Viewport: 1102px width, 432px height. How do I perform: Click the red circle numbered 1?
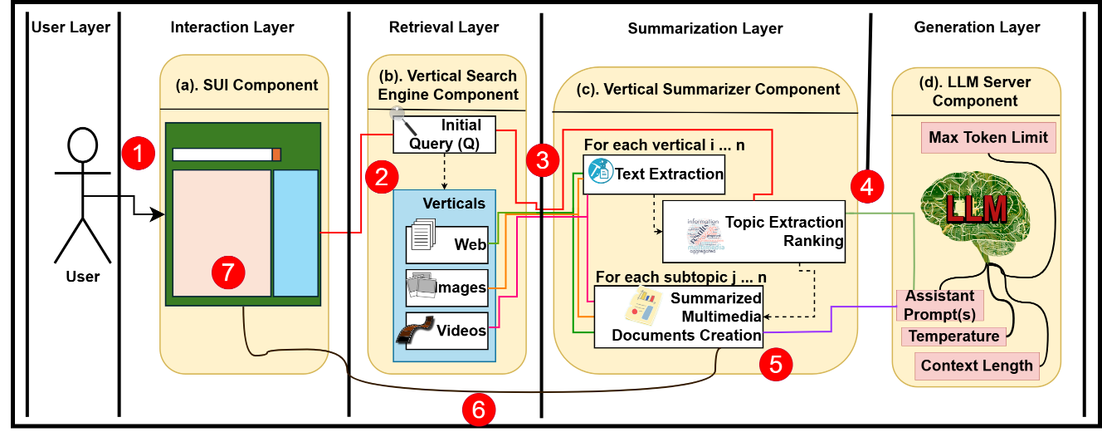click(x=139, y=153)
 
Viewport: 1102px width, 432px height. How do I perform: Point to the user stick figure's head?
click(x=83, y=148)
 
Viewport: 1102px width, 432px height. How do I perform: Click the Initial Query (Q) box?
click(x=445, y=135)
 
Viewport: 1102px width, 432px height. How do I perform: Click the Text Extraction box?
click(x=653, y=174)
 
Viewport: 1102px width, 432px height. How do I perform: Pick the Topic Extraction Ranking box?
click(x=753, y=232)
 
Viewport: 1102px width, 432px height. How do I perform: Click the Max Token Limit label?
click(x=988, y=137)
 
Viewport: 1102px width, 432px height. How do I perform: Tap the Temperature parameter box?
click(x=953, y=336)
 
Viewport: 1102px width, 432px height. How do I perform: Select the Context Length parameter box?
click(x=977, y=365)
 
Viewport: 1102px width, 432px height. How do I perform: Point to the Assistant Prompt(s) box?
click(x=940, y=305)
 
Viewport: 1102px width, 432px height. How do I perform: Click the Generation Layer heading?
click(x=977, y=27)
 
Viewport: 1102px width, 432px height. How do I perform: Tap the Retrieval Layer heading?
click(x=444, y=27)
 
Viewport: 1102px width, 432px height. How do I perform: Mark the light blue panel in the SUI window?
click(x=295, y=232)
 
